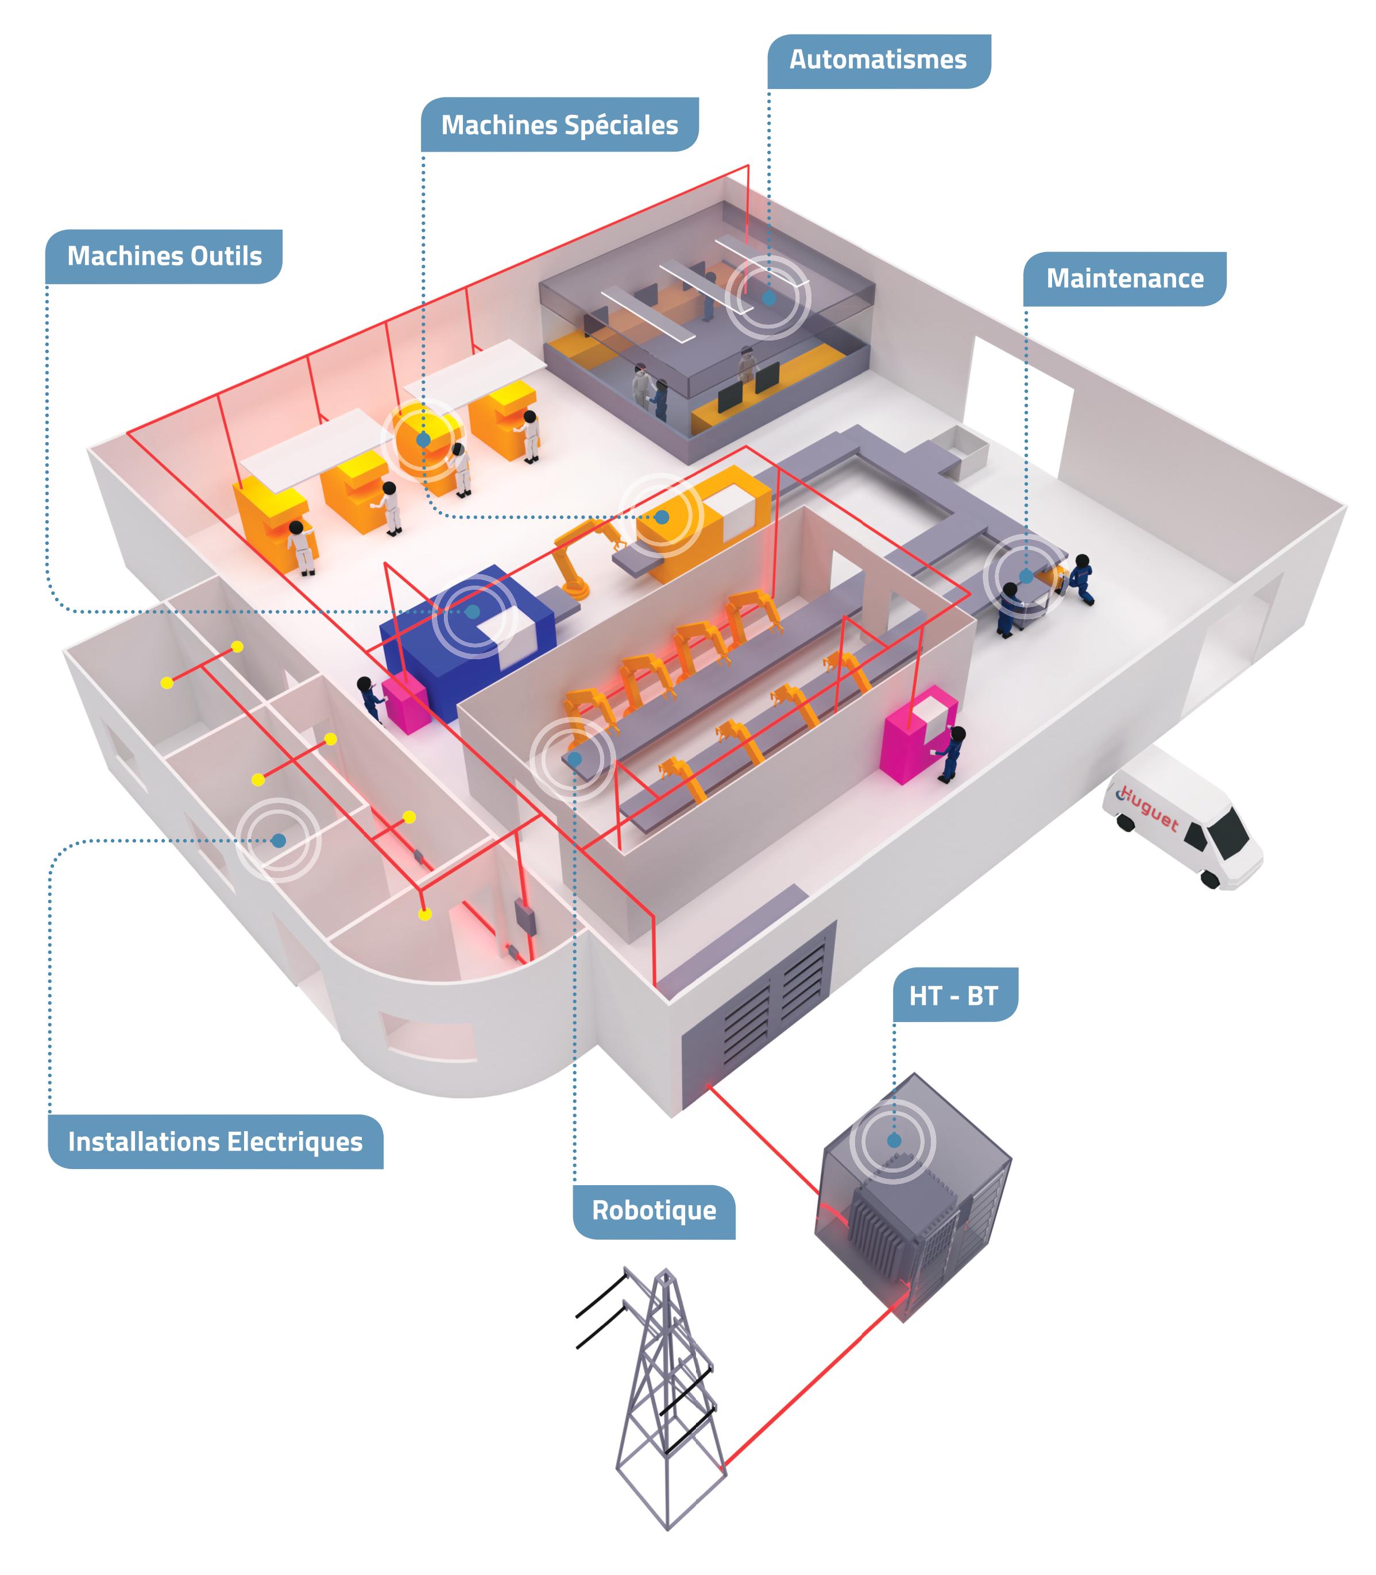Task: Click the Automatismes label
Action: point(879,60)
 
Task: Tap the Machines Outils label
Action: point(164,256)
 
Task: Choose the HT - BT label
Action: point(954,996)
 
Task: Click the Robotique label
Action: point(654,1210)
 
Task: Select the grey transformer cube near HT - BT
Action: point(914,1197)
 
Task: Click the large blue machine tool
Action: point(469,637)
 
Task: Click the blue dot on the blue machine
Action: point(473,612)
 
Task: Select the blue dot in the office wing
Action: point(279,841)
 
